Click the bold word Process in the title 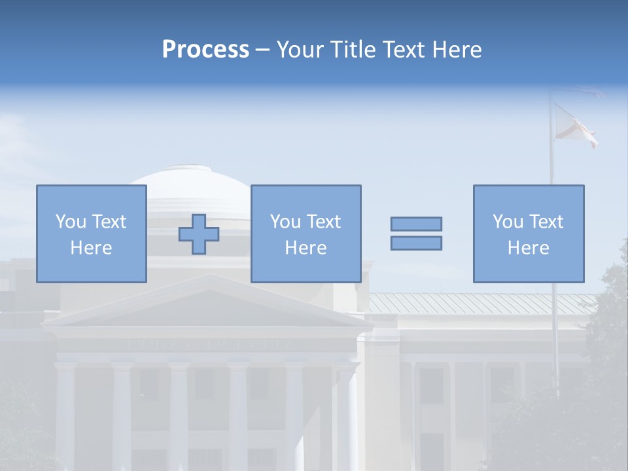205,50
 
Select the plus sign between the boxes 199,234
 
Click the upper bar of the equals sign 416,224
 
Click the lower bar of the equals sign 416,243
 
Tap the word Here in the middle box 305,248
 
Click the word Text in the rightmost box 546,222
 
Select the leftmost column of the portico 65,412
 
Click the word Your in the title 303,50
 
